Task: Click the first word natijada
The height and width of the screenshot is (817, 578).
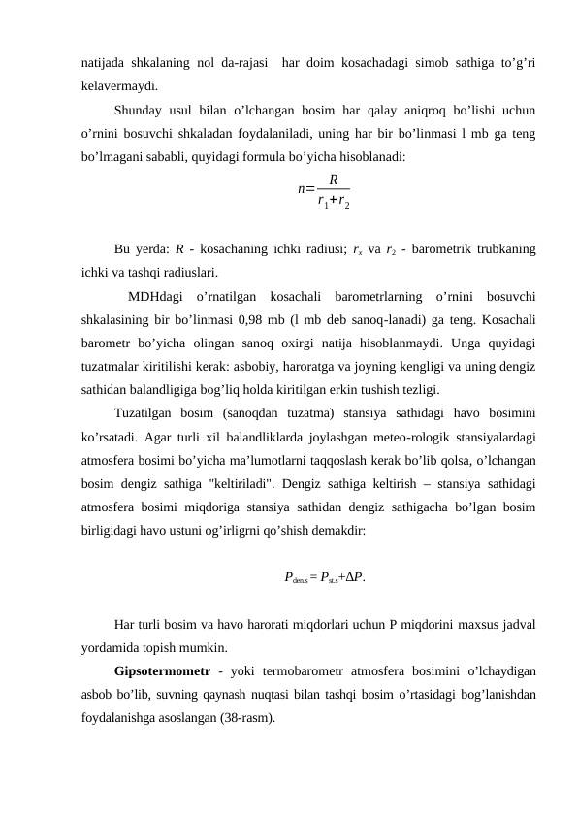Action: pyautogui.click(x=105, y=63)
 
